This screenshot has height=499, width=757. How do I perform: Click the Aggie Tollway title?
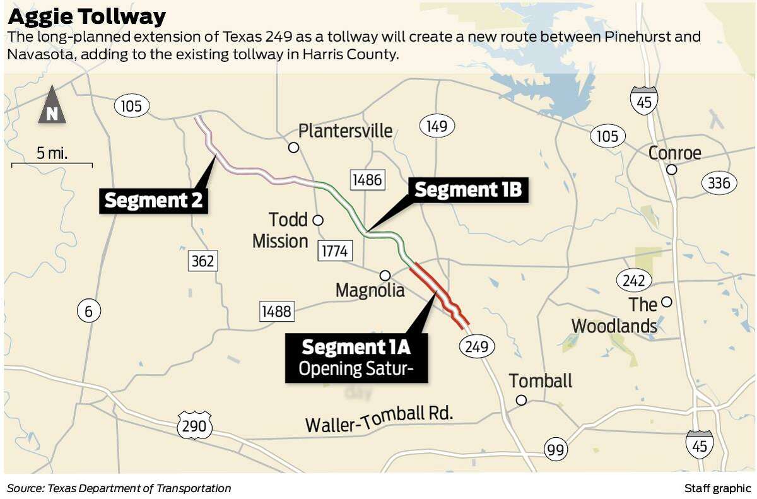86,16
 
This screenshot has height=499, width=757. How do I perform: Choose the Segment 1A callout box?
356,357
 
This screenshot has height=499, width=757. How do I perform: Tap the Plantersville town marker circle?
293,148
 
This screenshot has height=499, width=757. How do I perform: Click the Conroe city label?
674,153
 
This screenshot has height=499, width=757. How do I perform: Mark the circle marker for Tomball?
521,400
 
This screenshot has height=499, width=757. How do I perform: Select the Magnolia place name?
370,290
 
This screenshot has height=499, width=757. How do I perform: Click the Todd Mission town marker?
318,220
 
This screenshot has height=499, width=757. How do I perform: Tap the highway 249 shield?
477,346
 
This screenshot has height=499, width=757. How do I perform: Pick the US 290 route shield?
194,426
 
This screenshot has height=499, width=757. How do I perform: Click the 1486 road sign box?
367,180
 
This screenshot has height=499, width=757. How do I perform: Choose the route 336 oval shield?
719,183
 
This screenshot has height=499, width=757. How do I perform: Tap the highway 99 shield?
556,450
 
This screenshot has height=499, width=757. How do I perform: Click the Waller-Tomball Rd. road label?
379,420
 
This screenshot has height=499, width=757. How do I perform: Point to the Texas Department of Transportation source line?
119,488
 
